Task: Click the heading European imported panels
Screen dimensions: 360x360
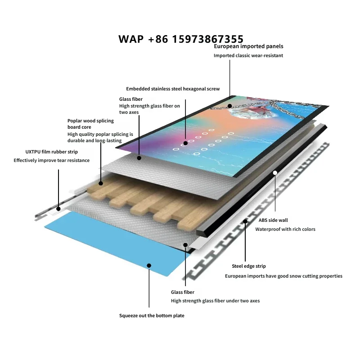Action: [248, 46]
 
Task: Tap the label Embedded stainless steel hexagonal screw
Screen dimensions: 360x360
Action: [173, 89]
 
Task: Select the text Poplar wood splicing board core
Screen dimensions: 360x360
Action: [90, 124]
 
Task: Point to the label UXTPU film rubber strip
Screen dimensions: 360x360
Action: [52, 152]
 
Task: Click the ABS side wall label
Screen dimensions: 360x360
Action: [273, 220]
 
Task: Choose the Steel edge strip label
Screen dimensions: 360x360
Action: [249, 266]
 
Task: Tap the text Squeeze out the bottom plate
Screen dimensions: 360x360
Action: [152, 316]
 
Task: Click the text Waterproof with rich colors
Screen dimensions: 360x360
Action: [285, 229]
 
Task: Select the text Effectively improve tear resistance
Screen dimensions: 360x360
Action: [52, 161]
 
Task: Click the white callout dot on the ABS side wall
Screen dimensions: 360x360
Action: [275, 173]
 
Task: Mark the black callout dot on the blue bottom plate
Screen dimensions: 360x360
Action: [149, 265]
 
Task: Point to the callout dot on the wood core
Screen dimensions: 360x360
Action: [101, 183]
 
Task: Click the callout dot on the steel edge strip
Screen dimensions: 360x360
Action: [245, 221]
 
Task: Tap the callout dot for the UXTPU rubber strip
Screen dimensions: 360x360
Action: [58, 209]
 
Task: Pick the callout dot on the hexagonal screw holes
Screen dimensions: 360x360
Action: [185, 143]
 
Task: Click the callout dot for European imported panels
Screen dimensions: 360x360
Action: [229, 106]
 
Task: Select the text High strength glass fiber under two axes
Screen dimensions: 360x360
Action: [216, 301]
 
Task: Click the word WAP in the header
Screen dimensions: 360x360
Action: [131, 39]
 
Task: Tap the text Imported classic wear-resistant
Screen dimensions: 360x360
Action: [248, 55]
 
